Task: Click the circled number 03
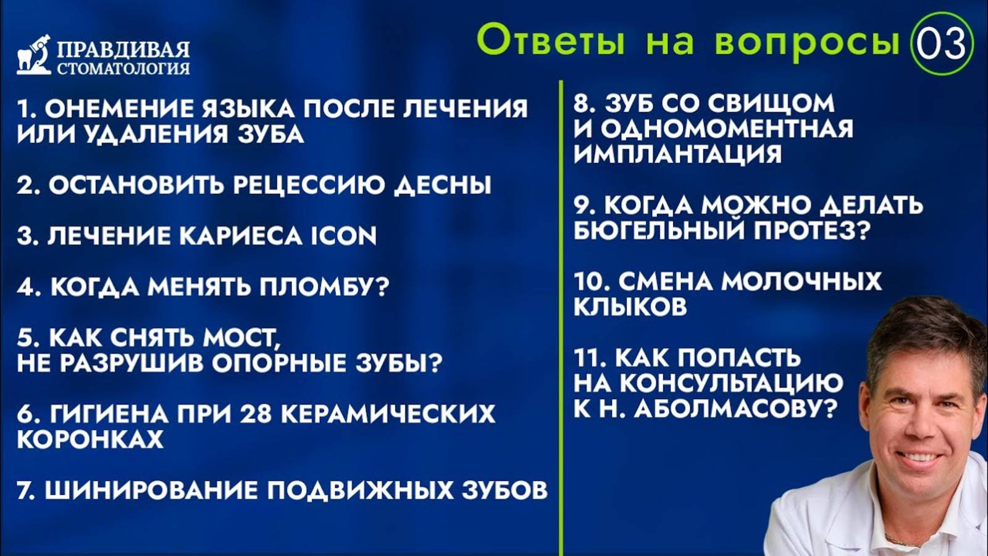coord(941,44)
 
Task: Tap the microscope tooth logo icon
coord(34,55)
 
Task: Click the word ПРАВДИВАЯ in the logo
coord(123,49)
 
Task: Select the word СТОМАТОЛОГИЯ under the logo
coord(123,68)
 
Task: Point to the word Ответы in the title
coord(550,41)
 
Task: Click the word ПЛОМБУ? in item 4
coord(324,287)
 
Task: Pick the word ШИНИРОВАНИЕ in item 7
coord(151,491)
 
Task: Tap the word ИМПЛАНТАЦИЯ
coord(677,154)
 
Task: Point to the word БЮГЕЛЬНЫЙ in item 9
coord(658,230)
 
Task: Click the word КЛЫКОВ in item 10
coord(630,306)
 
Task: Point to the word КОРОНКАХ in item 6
coord(90,439)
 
